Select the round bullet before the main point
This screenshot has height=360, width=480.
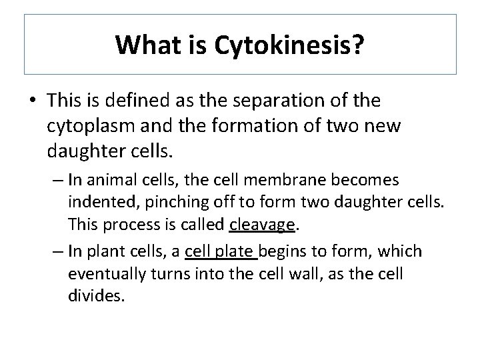point(32,101)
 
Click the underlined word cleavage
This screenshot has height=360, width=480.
point(262,225)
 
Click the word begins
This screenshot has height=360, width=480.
point(281,251)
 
